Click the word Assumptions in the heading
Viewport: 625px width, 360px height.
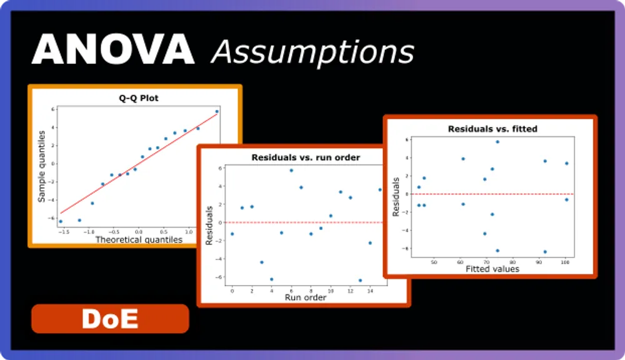pyautogui.click(x=312, y=51)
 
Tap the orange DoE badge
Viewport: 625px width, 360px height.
pyautogui.click(x=110, y=319)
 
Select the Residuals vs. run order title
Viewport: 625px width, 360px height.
pyautogui.click(x=306, y=157)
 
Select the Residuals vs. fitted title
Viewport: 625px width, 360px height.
pyautogui.click(x=492, y=129)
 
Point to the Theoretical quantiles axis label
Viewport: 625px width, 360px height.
pyautogui.click(x=139, y=239)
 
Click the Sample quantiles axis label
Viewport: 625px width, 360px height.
pyautogui.click(x=42, y=166)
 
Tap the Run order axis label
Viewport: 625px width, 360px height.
pyautogui.click(x=306, y=297)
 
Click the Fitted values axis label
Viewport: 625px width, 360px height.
pyautogui.click(x=492, y=269)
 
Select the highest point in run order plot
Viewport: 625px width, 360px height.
pyautogui.click(x=291, y=170)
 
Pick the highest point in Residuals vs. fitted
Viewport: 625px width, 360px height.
pyautogui.click(x=497, y=142)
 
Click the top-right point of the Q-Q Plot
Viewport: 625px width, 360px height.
pyautogui.click(x=217, y=112)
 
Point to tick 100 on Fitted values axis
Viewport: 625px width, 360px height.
pyautogui.click(x=565, y=262)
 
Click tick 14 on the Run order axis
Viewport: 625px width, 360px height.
pyautogui.click(x=370, y=291)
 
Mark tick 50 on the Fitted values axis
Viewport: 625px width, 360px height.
pyautogui.click(x=434, y=262)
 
